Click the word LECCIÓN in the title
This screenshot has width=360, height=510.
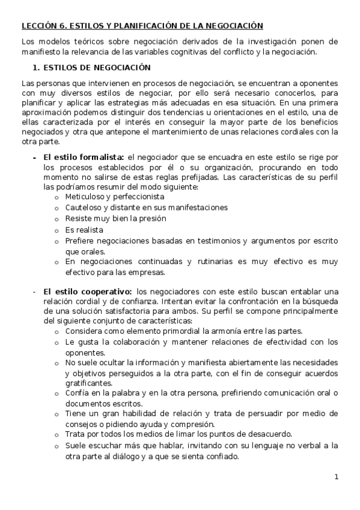[37, 26]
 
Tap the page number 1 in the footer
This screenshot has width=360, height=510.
[337, 478]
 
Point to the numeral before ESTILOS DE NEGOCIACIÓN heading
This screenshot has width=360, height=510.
[36, 67]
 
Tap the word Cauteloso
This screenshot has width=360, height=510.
[84, 207]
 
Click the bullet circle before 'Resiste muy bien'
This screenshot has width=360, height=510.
[57, 220]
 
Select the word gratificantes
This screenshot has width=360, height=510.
[89, 382]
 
